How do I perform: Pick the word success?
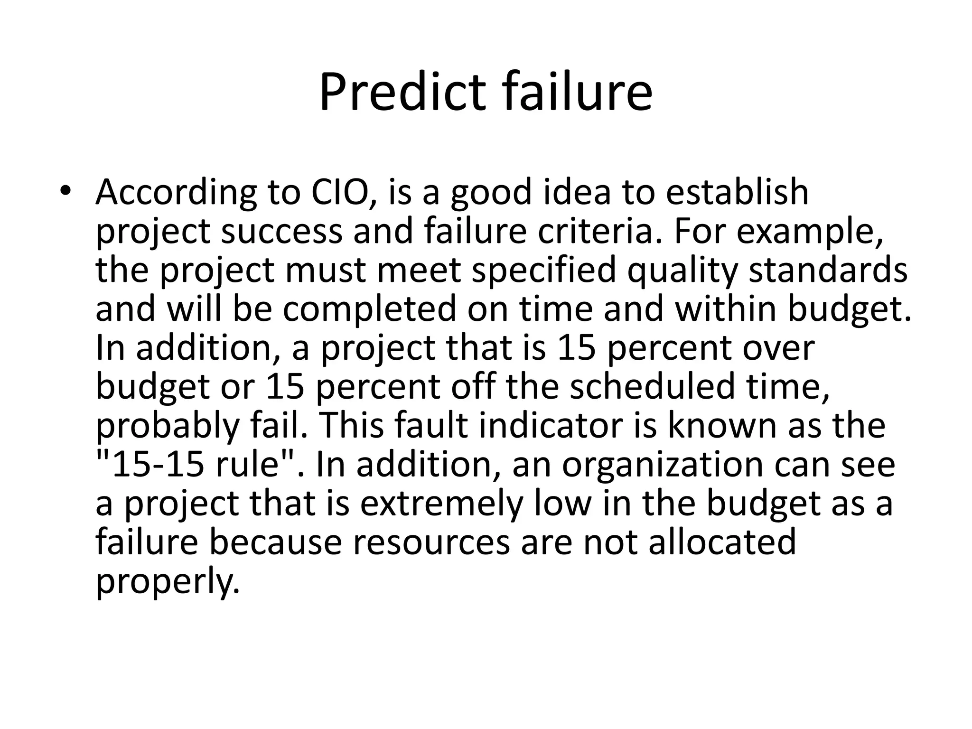281,231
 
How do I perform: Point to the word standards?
828,270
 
